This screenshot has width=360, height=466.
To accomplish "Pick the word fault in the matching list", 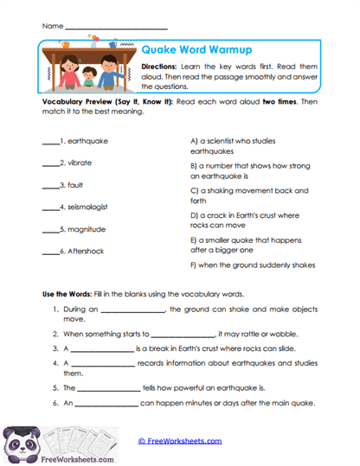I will click(x=76, y=185).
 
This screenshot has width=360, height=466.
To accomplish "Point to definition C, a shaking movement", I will click(x=242, y=195).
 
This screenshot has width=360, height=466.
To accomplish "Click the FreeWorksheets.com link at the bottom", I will click(x=180, y=441).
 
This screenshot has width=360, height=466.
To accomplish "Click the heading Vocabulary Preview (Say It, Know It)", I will click(x=108, y=102).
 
